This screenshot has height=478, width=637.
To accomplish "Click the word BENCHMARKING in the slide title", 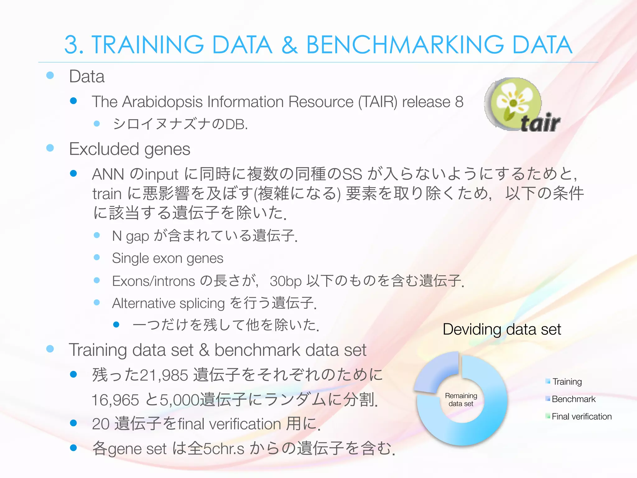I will pos(405,45).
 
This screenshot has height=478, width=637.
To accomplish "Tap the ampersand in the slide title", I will pos(289,45).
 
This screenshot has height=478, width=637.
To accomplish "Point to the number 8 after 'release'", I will pos(459,102).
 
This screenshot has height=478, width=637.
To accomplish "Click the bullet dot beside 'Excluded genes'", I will pos(50,148).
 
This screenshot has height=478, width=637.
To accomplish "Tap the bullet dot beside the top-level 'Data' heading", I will pos(50,75).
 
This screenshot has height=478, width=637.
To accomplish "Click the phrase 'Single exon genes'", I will pos(168,258).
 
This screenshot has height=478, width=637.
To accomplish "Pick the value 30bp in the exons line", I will pos(286,281).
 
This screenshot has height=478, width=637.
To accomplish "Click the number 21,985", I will pos(164,375).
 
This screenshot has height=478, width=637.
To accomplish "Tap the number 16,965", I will pos(115,400).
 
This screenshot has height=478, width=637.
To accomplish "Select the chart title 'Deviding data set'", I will pos(502,329).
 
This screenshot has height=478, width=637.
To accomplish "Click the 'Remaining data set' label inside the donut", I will pos(461,400).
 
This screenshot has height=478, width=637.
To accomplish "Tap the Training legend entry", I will pos(567,382).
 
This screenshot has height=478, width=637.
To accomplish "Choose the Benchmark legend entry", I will pos(573,399).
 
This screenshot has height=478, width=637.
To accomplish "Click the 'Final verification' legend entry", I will pos(581,416).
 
